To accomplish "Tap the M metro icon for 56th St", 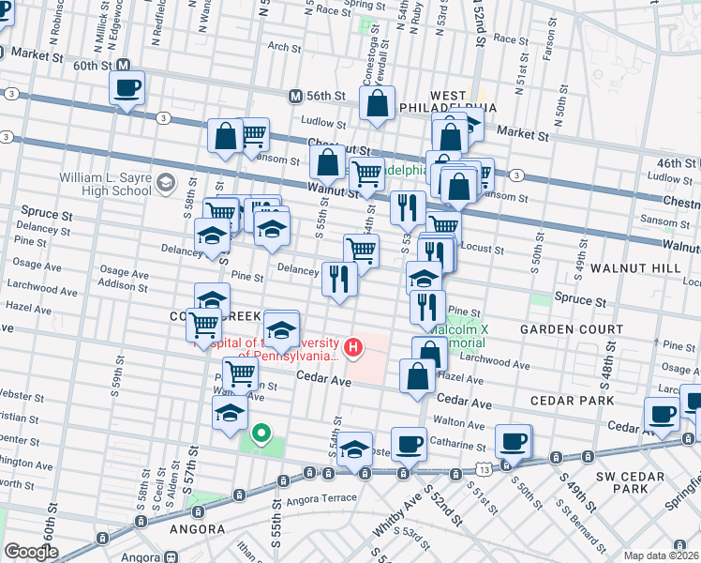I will point(295,96).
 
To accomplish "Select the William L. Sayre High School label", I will point(104,184).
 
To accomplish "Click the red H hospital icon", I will point(353,348).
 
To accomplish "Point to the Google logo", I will point(31,552).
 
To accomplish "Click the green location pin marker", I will point(261,434).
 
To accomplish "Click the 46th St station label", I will point(675,162).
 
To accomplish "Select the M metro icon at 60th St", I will point(134,66).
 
